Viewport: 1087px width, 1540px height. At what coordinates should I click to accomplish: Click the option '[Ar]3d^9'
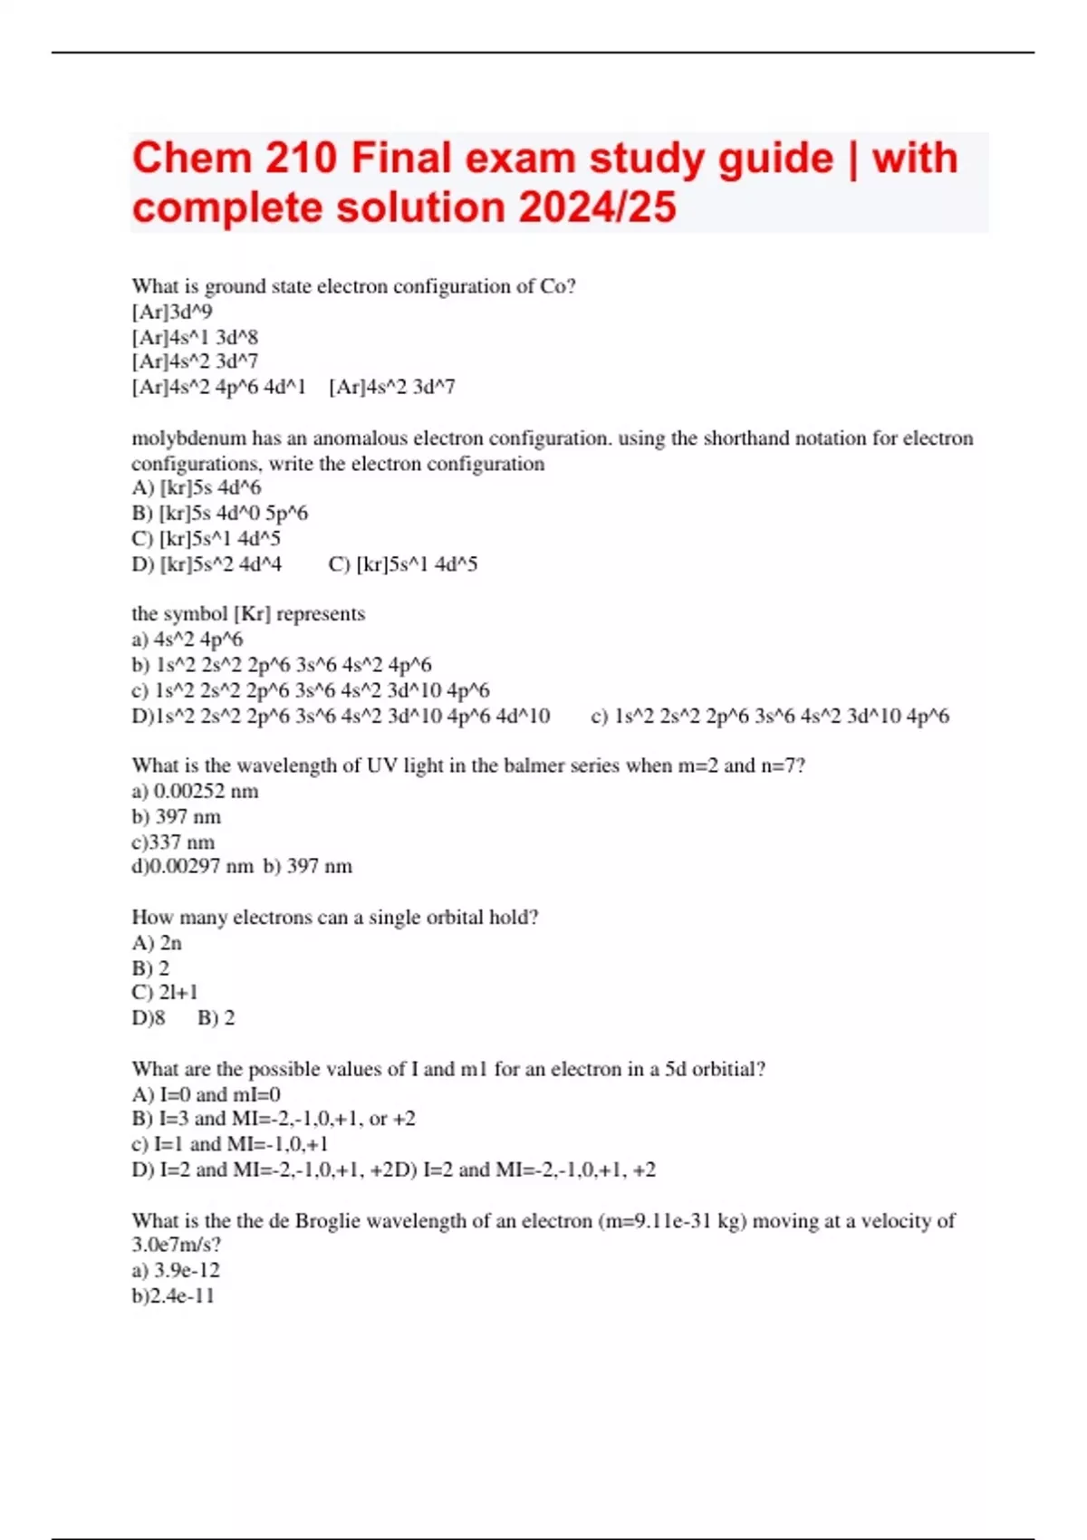click(172, 313)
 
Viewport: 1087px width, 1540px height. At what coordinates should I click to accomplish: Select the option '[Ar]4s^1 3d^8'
click(195, 338)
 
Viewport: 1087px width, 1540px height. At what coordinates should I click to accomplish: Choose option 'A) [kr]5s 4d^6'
click(197, 488)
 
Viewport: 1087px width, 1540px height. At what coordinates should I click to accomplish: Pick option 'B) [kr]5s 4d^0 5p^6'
click(219, 514)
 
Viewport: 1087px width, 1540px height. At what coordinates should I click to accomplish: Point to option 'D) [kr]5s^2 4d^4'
click(207, 564)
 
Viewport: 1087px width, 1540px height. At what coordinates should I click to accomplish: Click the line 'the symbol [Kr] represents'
click(248, 614)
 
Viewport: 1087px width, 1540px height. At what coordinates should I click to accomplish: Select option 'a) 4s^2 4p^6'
click(188, 640)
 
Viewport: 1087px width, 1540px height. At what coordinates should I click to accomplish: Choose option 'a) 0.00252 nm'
click(195, 792)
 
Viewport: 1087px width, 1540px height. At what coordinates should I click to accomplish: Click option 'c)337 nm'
click(173, 842)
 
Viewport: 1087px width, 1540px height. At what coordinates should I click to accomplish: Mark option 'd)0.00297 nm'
click(192, 867)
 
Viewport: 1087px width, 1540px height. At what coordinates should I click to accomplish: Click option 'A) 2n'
click(157, 943)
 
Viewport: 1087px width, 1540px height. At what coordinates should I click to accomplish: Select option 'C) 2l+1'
click(165, 993)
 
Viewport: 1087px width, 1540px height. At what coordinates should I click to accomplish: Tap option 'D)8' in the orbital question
click(149, 1018)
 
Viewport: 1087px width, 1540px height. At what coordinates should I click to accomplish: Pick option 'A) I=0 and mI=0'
click(206, 1094)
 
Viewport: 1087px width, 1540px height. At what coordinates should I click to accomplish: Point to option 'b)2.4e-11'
click(173, 1296)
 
